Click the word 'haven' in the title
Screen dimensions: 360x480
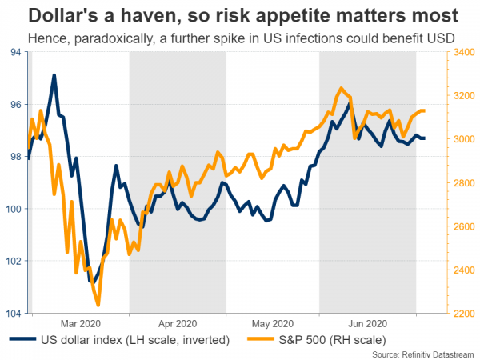coord(156,14)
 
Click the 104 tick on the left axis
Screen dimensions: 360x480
coord(15,313)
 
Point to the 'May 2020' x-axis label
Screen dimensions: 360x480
coord(272,323)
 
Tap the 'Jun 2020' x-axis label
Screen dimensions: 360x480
coord(369,323)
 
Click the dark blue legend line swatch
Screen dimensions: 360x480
coord(23,340)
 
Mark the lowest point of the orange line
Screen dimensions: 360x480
coord(98,305)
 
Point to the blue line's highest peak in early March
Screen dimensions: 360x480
coord(54,75)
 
